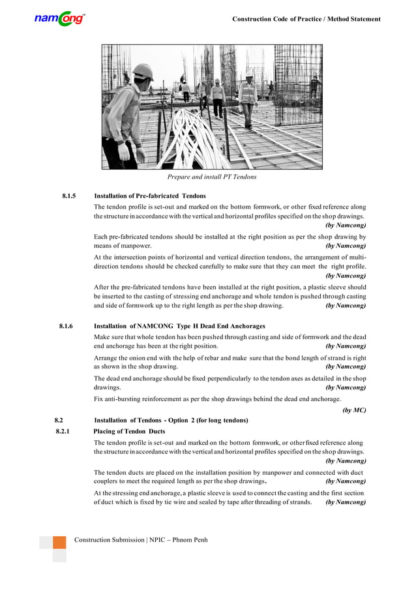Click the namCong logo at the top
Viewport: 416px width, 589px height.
[x=59, y=20]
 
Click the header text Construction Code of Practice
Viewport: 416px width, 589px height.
[x=306, y=19]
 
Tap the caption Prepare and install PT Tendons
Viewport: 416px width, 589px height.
[x=212, y=177]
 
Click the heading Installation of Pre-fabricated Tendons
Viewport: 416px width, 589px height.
[x=150, y=196]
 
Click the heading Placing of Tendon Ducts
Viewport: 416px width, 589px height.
[x=129, y=431]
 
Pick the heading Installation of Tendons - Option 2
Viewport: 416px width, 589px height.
[x=171, y=419]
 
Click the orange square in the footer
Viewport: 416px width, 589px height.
[x=59, y=542]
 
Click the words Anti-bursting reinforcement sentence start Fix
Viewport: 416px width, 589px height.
[x=100, y=399]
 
